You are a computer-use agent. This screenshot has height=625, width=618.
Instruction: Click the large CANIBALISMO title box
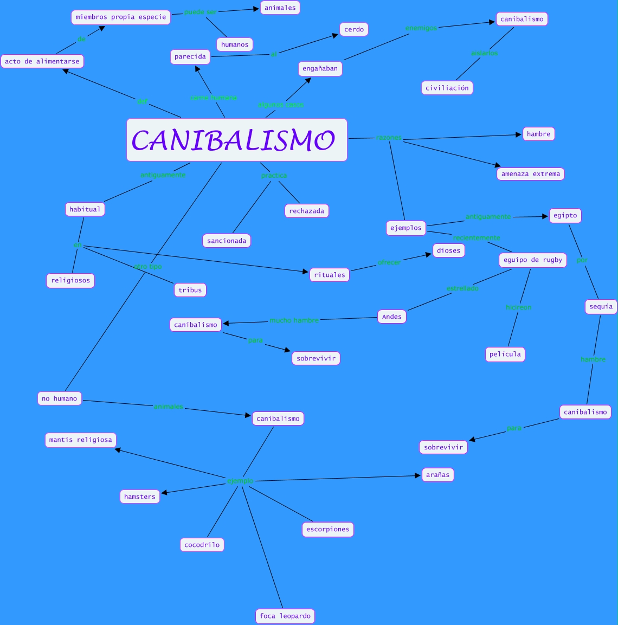point(236,140)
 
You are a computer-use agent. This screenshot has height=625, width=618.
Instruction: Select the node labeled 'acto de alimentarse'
point(42,61)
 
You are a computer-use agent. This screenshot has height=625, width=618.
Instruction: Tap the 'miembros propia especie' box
point(121,17)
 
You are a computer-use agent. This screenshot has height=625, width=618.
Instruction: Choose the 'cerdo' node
point(354,29)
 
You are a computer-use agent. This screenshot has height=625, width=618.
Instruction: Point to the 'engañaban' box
point(320,69)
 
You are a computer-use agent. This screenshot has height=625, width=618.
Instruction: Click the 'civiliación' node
point(447,88)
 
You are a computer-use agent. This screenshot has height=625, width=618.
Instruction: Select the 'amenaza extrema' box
point(531,174)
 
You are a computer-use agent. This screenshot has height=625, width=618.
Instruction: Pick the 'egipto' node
point(565,215)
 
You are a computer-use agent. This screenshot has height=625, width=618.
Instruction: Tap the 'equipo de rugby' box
point(533,260)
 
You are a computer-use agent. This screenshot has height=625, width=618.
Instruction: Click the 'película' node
point(505,354)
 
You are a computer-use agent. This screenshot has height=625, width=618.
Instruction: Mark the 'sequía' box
point(601,306)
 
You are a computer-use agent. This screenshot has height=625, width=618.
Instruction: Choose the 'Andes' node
point(392,317)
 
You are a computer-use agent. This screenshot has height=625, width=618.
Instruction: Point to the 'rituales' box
point(330,275)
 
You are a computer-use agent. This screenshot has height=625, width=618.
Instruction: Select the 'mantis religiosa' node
point(81,440)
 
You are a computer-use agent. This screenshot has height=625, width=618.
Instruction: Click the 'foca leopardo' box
point(285,616)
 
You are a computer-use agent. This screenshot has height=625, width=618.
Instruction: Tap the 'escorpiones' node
point(328,529)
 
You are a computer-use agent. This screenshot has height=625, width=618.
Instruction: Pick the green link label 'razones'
point(389,138)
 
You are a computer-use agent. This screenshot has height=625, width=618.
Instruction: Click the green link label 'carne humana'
point(214,98)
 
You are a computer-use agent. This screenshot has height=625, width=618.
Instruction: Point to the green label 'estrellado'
point(462,288)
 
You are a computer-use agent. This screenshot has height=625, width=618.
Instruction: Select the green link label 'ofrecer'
point(389,262)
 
